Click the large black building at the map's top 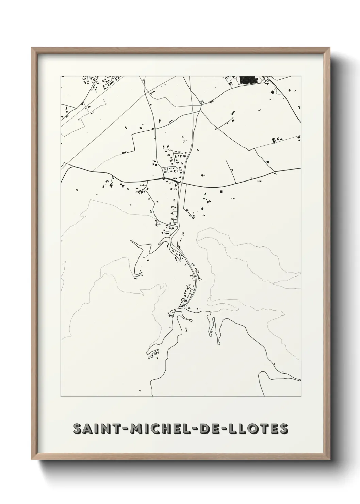248,80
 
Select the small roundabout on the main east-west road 164,178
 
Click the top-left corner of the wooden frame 32,48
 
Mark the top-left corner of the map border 61,76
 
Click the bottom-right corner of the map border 301,397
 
